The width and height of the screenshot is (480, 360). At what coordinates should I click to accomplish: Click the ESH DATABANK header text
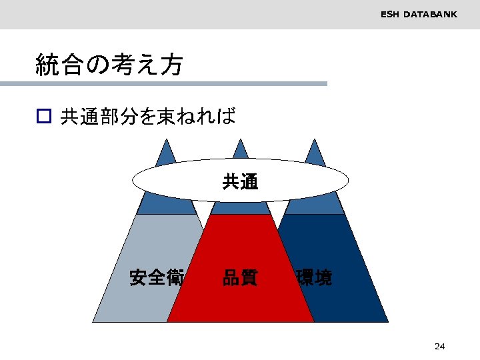pos(419,14)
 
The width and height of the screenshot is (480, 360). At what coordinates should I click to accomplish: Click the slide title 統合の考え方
pos(109,65)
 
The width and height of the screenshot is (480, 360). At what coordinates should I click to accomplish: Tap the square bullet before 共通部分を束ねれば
pos(43,117)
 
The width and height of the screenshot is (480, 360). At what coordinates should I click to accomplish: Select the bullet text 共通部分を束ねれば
pos(148,117)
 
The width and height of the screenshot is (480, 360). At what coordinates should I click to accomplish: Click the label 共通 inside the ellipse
pos(240,181)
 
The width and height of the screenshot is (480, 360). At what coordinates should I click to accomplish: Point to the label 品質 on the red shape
pos(240,277)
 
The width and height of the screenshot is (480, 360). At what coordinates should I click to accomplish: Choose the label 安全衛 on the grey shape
pos(157,277)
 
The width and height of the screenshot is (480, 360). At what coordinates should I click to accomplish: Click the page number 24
pos(439,346)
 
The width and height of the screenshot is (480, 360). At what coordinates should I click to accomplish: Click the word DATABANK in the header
pos(431,14)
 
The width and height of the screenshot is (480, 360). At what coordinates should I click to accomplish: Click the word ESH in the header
pos(390,14)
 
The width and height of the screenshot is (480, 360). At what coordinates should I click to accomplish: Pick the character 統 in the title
pos(47,65)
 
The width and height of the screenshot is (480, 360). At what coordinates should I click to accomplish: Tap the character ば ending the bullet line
pos(227,117)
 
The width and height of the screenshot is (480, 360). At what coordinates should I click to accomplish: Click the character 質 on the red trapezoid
pos(249,277)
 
